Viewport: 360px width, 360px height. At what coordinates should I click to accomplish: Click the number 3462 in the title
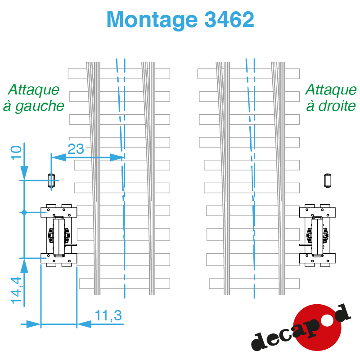click(x=229, y=19)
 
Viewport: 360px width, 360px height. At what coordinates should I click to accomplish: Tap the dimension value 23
click(x=76, y=149)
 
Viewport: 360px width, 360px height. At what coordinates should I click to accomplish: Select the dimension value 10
click(x=16, y=153)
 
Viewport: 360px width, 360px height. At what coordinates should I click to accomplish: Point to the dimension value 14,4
click(x=16, y=290)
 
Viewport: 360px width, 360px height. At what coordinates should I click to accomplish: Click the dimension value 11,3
click(x=108, y=315)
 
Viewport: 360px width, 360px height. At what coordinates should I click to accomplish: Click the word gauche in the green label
click(x=40, y=107)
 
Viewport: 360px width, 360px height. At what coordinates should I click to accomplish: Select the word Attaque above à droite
click(x=331, y=90)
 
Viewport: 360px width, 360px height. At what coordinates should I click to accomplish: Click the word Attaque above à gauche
click(x=33, y=90)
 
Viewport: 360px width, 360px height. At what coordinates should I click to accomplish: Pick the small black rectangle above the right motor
click(x=328, y=180)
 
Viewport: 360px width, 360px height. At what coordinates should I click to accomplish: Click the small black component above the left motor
click(x=51, y=180)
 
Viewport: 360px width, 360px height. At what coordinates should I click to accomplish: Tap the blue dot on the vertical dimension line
click(x=24, y=212)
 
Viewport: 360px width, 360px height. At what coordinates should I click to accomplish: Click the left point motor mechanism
click(x=59, y=235)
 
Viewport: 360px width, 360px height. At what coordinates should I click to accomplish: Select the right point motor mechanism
click(x=317, y=235)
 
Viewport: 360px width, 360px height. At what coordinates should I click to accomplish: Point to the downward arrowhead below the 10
click(x=24, y=173)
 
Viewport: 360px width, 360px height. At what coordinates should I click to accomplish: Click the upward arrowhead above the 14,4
click(x=24, y=265)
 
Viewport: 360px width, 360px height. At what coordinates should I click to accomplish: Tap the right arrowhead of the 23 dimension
click(x=117, y=157)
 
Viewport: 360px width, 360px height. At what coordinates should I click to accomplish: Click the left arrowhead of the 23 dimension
click(x=58, y=157)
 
